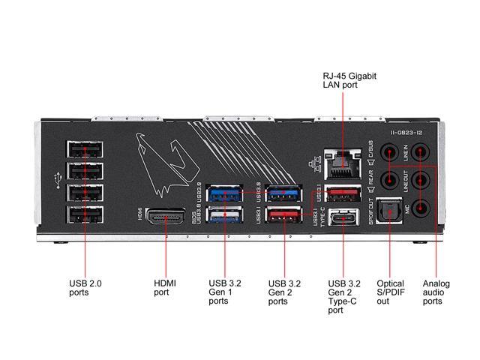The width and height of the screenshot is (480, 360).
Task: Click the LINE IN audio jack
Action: point(423,153)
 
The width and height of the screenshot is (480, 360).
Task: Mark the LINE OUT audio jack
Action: point(423,181)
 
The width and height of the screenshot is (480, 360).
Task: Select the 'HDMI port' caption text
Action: point(164,287)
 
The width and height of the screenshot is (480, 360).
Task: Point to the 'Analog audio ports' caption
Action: point(436,292)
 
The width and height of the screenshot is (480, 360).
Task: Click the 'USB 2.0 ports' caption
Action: point(85,287)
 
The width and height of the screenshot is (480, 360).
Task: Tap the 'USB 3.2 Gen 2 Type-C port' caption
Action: point(344,297)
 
